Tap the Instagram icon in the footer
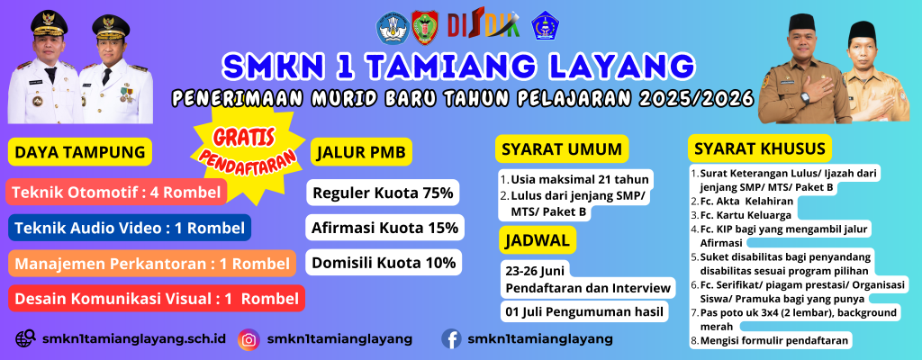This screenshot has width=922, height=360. pyautogui.click(x=249, y=339)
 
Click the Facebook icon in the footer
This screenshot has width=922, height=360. pyautogui.click(x=451, y=339)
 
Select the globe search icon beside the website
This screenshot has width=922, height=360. pyautogui.click(x=25, y=338)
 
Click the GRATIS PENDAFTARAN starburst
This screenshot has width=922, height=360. pyautogui.click(x=248, y=154)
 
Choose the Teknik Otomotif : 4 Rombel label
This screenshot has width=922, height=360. pyautogui.click(x=116, y=192)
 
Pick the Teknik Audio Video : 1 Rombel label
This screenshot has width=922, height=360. pyautogui.click(x=130, y=228)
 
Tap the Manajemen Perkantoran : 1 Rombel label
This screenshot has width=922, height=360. pyautogui.click(x=151, y=264)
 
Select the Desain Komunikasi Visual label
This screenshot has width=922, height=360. pyautogui.click(x=157, y=298)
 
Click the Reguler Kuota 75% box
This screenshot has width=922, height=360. pyautogui.click(x=383, y=193)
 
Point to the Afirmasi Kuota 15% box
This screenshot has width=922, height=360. pyautogui.click(x=385, y=228)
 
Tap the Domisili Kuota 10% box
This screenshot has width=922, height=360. pyautogui.click(x=384, y=263)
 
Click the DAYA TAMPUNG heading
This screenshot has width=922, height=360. pyautogui.click(x=80, y=152)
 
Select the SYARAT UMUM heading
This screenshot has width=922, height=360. pyautogui.click(x=562, y=148)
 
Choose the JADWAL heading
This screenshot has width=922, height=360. pyautogui.click(x=538, y=239)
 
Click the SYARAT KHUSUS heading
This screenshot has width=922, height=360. pyautogui.click(x=760, y=148)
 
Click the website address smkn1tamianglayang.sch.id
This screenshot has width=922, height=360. pyautogui.click(x=134, y=338)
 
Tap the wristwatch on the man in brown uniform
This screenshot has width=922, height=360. pyautogui.click(x=805, y=97)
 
